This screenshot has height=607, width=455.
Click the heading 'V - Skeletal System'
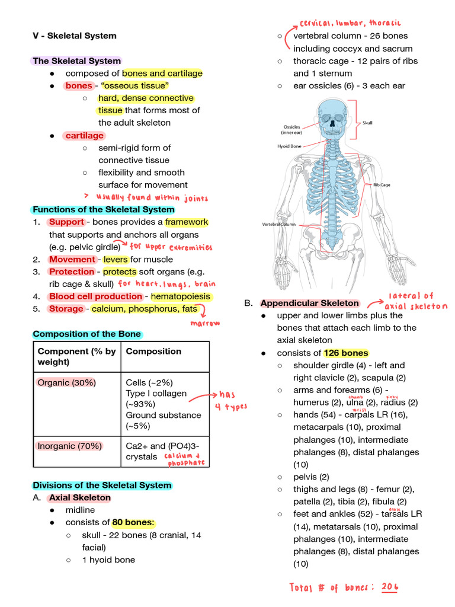(75, 36)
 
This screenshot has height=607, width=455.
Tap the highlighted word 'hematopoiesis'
(181, 296)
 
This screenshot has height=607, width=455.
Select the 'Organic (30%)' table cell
(66, 383)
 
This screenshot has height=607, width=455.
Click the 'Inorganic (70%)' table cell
(69, 446)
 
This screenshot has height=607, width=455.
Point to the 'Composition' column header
(153, 352)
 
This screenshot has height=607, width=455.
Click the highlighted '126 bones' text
(346, 353)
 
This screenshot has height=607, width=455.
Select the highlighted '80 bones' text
(134, 523)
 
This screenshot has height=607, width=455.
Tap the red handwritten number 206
(390, 587)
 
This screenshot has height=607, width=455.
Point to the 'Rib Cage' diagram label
(381, 185)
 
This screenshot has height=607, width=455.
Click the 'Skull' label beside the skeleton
(367, 123)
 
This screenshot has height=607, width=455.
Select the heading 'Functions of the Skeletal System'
(104, 210)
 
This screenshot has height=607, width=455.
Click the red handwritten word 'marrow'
(204, 324)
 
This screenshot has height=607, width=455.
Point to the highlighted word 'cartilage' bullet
(85, 136)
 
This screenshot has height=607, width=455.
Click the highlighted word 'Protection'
(72, 271)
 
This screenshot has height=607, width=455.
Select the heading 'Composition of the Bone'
(87, 334)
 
